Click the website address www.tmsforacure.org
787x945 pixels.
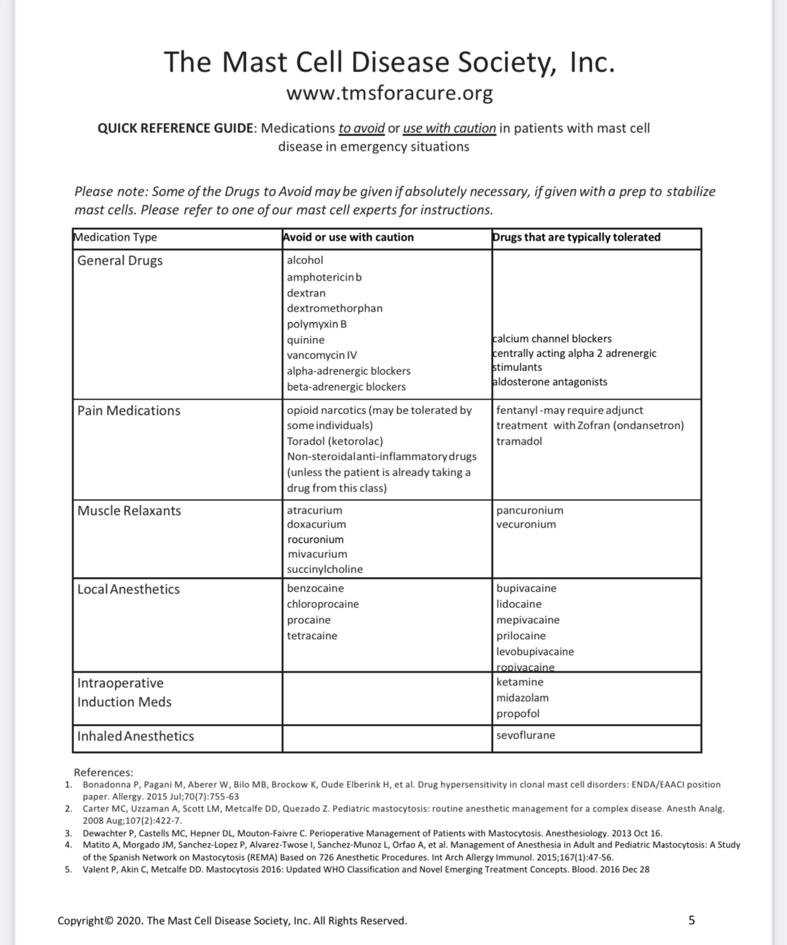click(x=389, y=93)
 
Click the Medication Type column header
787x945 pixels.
click(x=115, y=238)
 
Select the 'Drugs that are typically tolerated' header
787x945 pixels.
click(x=576, y=238)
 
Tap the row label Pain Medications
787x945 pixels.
click(x=129, y=411)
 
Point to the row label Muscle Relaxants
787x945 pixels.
click(x=129, y=511)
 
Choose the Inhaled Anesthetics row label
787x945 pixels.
click(x=136, y=737)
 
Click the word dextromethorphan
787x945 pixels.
click(x=335, y=308)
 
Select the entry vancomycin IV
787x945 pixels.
click(x=321, y=355)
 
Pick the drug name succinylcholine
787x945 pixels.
click(x=324, y=569)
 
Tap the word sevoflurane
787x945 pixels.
click(x=525, y=735)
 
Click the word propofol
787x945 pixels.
click(x=518, y=714)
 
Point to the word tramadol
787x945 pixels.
click(x=519, y=441)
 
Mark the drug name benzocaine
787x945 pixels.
click(x=315, y=588)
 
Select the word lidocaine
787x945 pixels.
click(x=518, y=604)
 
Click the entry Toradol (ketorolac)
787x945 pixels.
click(x=335, y=441)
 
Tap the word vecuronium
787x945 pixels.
click(x=526, y=524)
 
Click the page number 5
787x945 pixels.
click(x=691, y=920)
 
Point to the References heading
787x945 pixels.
click(x=103, y=773)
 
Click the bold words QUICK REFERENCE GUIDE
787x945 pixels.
click(x=176, y=129)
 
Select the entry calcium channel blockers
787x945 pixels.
click(x=552, y=339)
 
